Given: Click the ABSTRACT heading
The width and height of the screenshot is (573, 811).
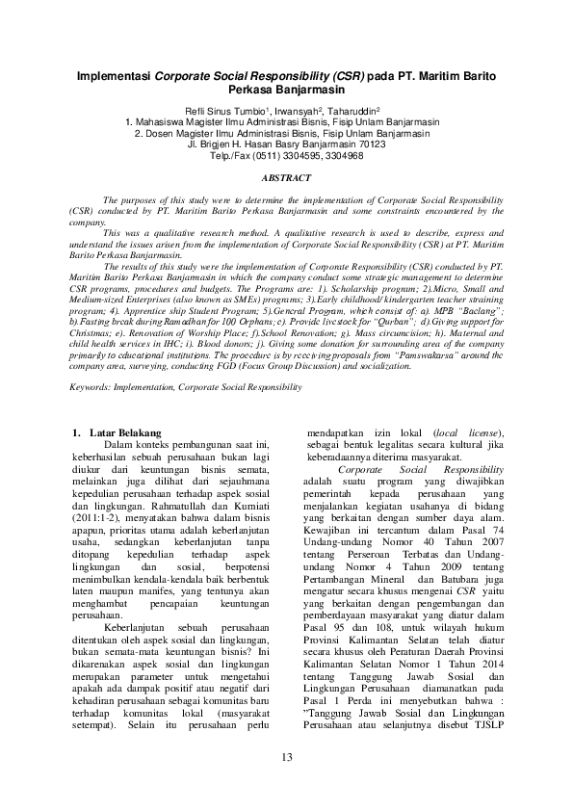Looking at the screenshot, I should click(x=287, y=178).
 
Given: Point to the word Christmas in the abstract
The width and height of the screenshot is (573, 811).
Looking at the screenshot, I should click(x=91, y=334).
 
